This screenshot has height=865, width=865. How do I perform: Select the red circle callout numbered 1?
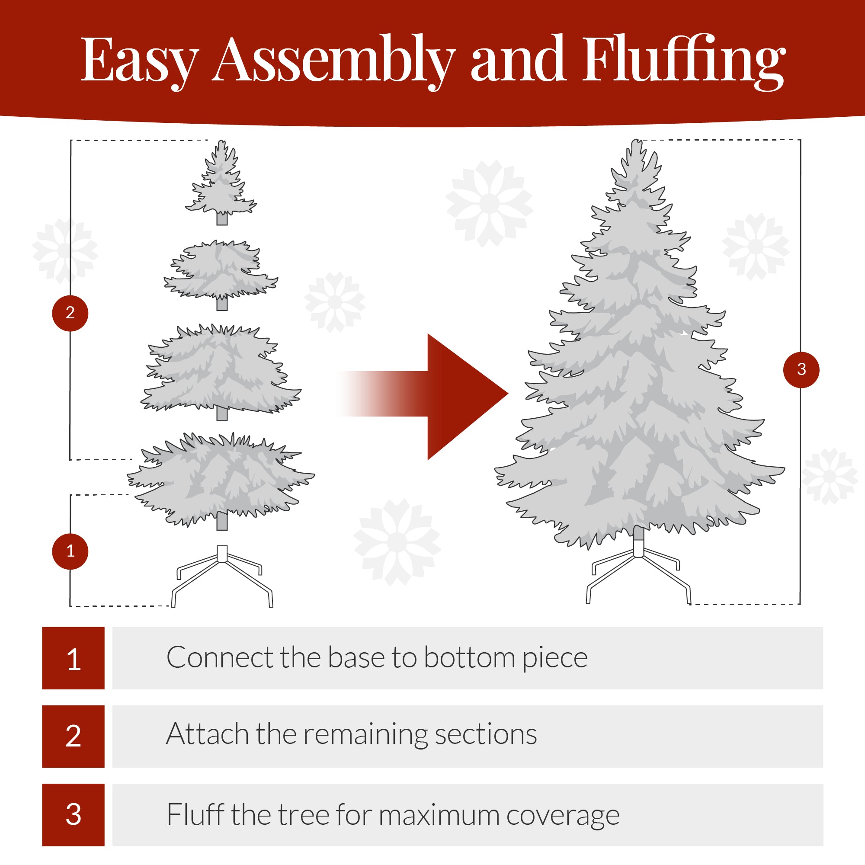(70, 551)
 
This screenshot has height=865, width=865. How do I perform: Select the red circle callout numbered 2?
(70, 313)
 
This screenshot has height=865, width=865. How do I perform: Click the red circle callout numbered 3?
(801, 369)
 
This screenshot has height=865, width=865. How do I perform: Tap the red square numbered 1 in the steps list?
(74, 658)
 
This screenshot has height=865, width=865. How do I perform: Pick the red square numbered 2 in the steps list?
(74, 737)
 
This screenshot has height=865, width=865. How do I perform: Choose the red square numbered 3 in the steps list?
(74, 814)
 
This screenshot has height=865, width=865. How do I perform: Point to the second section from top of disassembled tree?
(221, 271)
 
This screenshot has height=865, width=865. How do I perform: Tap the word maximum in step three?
(439, 815)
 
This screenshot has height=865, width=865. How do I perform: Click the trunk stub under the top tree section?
(222, 219)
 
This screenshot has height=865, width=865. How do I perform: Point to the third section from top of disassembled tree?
(221, 372)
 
